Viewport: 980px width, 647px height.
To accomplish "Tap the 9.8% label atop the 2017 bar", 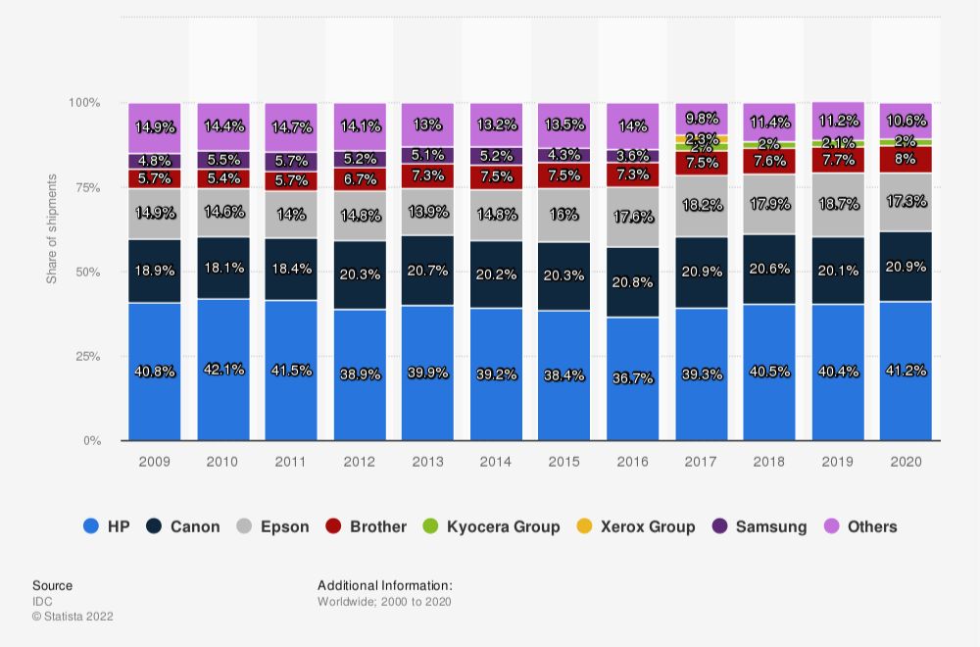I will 701,118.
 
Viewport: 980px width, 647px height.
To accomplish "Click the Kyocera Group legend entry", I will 492,526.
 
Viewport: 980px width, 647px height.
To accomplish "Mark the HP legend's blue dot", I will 91,526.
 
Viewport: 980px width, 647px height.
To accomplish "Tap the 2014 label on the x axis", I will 496,461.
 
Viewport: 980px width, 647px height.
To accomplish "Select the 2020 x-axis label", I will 906,461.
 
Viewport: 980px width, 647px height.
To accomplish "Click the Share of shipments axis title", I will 52,228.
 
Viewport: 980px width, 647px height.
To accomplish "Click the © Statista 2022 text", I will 73,617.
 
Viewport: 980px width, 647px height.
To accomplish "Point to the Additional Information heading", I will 384,585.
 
